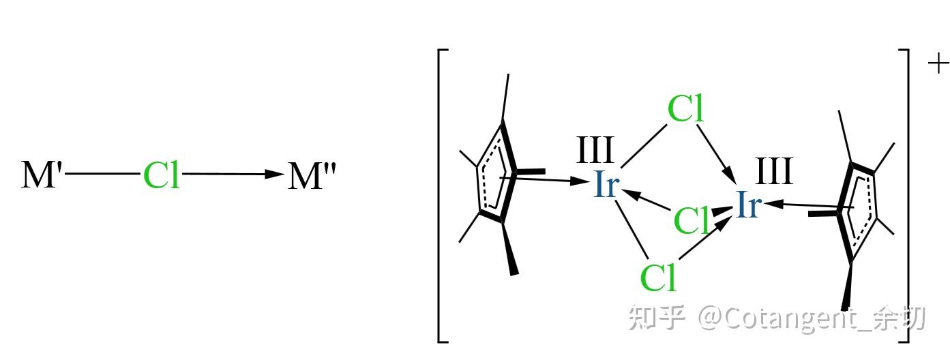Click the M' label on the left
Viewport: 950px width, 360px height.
point(43,175)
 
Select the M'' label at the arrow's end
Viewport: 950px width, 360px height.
point(311,175)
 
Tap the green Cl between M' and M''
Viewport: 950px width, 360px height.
point(162,175)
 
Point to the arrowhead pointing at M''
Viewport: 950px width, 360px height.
point(274,175)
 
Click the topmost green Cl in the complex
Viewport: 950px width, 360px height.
point(685,109)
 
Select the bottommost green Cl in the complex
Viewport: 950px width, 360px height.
point(658,277)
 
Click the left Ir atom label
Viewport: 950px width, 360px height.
point(606,184)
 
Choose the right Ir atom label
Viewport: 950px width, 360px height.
point(747,205)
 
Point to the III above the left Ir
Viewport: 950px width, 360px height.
point(595,151)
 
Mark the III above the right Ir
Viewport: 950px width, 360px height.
point(774,171)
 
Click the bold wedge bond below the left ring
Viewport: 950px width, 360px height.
point(509,249)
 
